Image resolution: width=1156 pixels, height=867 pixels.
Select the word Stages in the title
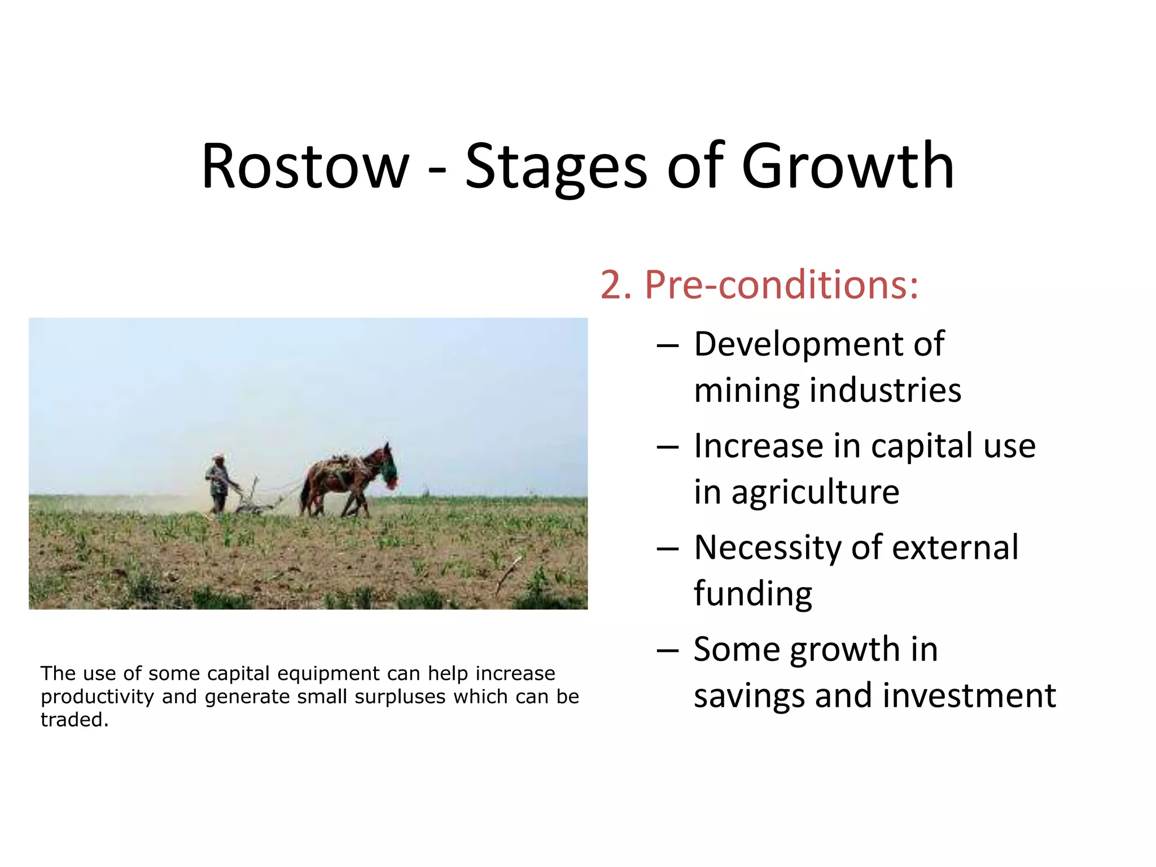point(556,168)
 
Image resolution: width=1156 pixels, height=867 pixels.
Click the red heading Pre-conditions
point(782,285)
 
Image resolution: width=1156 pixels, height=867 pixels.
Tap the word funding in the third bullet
point(752,594)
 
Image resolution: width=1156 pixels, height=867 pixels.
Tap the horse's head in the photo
point(388,466)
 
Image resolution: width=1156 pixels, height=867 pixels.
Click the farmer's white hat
point(218,456)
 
